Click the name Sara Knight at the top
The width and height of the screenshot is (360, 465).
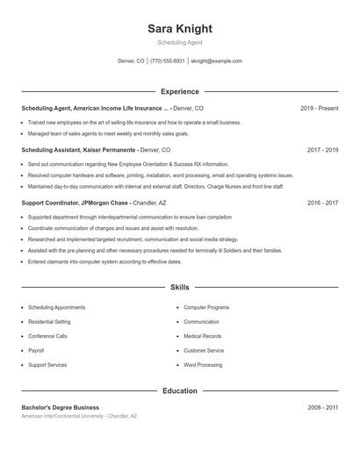180,29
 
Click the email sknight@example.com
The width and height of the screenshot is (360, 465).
216,61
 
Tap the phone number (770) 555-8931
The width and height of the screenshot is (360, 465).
167,61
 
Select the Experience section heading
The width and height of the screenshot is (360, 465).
180,91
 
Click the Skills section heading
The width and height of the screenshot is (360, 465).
180,287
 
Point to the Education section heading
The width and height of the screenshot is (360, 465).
180,390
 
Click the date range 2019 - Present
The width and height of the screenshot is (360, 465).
319,108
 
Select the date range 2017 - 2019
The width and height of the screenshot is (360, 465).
322,150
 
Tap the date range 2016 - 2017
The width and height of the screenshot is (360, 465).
322,203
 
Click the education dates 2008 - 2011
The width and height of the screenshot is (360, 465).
322,407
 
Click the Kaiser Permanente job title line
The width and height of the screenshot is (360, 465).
96,150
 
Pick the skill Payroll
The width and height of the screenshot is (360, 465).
36,350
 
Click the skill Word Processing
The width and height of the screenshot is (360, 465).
203,364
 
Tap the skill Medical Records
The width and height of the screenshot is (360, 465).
203,336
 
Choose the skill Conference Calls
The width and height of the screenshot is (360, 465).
47,336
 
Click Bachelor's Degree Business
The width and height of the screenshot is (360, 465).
61,407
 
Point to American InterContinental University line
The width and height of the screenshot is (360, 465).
79,416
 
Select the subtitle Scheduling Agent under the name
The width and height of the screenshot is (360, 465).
180,42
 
